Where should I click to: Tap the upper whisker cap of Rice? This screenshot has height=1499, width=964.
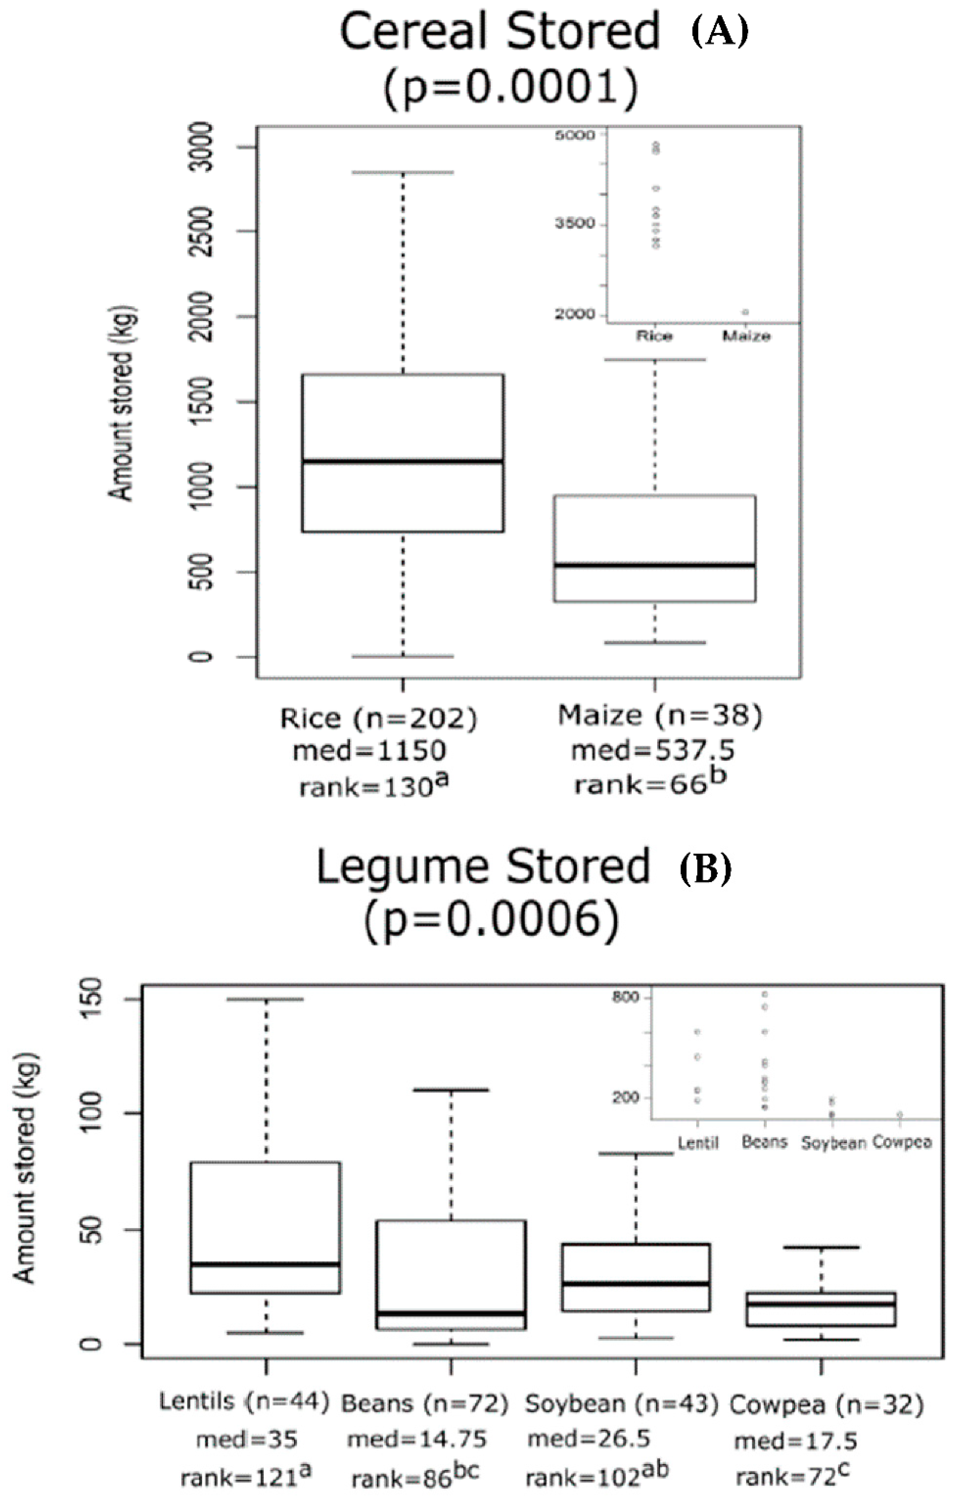(403, 172)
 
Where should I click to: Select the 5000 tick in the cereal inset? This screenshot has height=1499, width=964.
(575, 135)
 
